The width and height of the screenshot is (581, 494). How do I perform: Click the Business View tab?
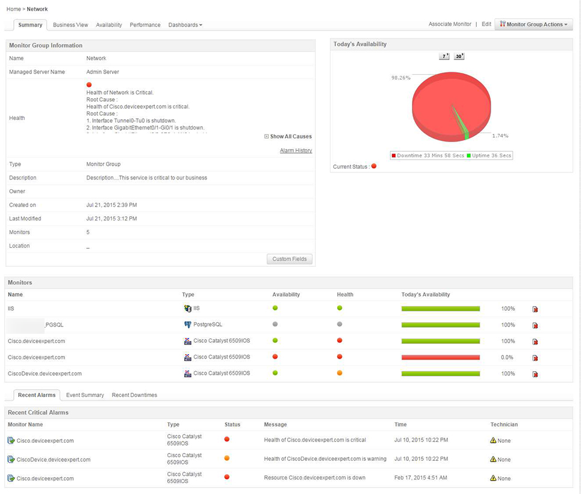(70, 25)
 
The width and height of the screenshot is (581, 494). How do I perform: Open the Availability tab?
(109, 25)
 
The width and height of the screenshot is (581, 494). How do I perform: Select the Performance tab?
(145, 25)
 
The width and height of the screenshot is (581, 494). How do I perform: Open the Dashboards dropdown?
(185, 25)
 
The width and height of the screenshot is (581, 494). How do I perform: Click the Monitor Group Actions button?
(533, 24)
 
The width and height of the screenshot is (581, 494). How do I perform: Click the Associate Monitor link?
(450, 24)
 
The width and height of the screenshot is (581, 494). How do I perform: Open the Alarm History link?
(296, 151)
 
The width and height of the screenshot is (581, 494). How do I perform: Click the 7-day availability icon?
(444, 56)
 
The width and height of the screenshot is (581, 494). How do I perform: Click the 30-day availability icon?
(459, 56)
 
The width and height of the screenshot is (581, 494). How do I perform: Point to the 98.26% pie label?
(400, 78)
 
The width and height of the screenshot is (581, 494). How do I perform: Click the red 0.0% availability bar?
(440, 357)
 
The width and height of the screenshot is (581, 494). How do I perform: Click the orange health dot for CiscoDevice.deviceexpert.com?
(340, 373)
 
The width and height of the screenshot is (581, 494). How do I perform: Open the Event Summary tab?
(85, 395)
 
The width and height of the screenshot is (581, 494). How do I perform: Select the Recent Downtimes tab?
(134, 395)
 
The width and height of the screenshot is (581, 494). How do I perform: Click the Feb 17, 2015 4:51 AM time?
(421, 478)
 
